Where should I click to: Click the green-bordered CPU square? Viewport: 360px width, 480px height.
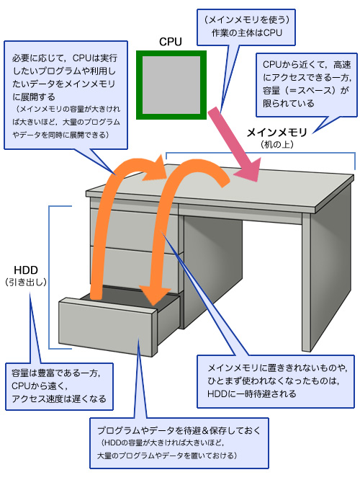pos(171,85)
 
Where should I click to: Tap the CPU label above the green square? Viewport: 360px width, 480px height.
pos(171,42)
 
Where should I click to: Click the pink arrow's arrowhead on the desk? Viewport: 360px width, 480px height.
pos(248,171)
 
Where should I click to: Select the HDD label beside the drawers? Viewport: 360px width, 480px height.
pos(26,270)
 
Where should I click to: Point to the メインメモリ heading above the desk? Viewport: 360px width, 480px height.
pos(276,133)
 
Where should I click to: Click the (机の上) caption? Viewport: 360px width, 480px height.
pos(276,144)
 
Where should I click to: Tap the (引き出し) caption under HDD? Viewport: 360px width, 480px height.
pos(26,282)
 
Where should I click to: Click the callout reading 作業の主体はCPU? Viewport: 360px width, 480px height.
pos(246,27)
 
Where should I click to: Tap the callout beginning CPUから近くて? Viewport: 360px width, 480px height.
pos(307,84)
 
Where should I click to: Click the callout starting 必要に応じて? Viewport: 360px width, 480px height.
pos(66,95)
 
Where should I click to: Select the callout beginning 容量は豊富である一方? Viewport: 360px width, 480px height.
pos(59,386)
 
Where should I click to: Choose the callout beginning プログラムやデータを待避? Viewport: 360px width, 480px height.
pos(179,443)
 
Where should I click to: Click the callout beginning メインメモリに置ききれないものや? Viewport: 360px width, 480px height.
pos(276,381)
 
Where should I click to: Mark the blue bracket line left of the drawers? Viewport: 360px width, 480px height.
pos(49,277)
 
